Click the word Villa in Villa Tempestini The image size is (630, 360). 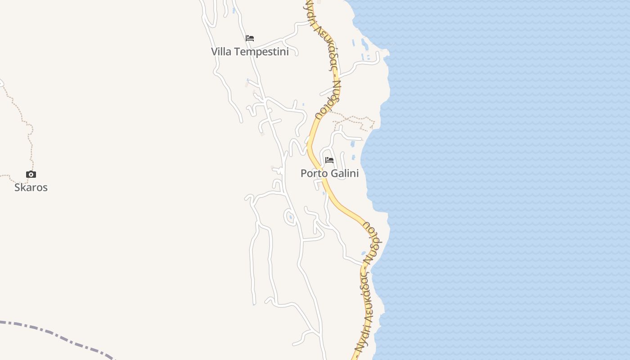(221, 52)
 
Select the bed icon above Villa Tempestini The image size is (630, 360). (250, 38)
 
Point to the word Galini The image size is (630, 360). (345, 173)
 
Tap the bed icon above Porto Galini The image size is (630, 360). (329, 160)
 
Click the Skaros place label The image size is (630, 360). (31, 187)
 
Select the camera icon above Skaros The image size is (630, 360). (31, 174)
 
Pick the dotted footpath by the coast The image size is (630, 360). (355, 119)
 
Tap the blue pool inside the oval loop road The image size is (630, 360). (291, 218)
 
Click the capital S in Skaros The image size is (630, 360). (17, 187)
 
